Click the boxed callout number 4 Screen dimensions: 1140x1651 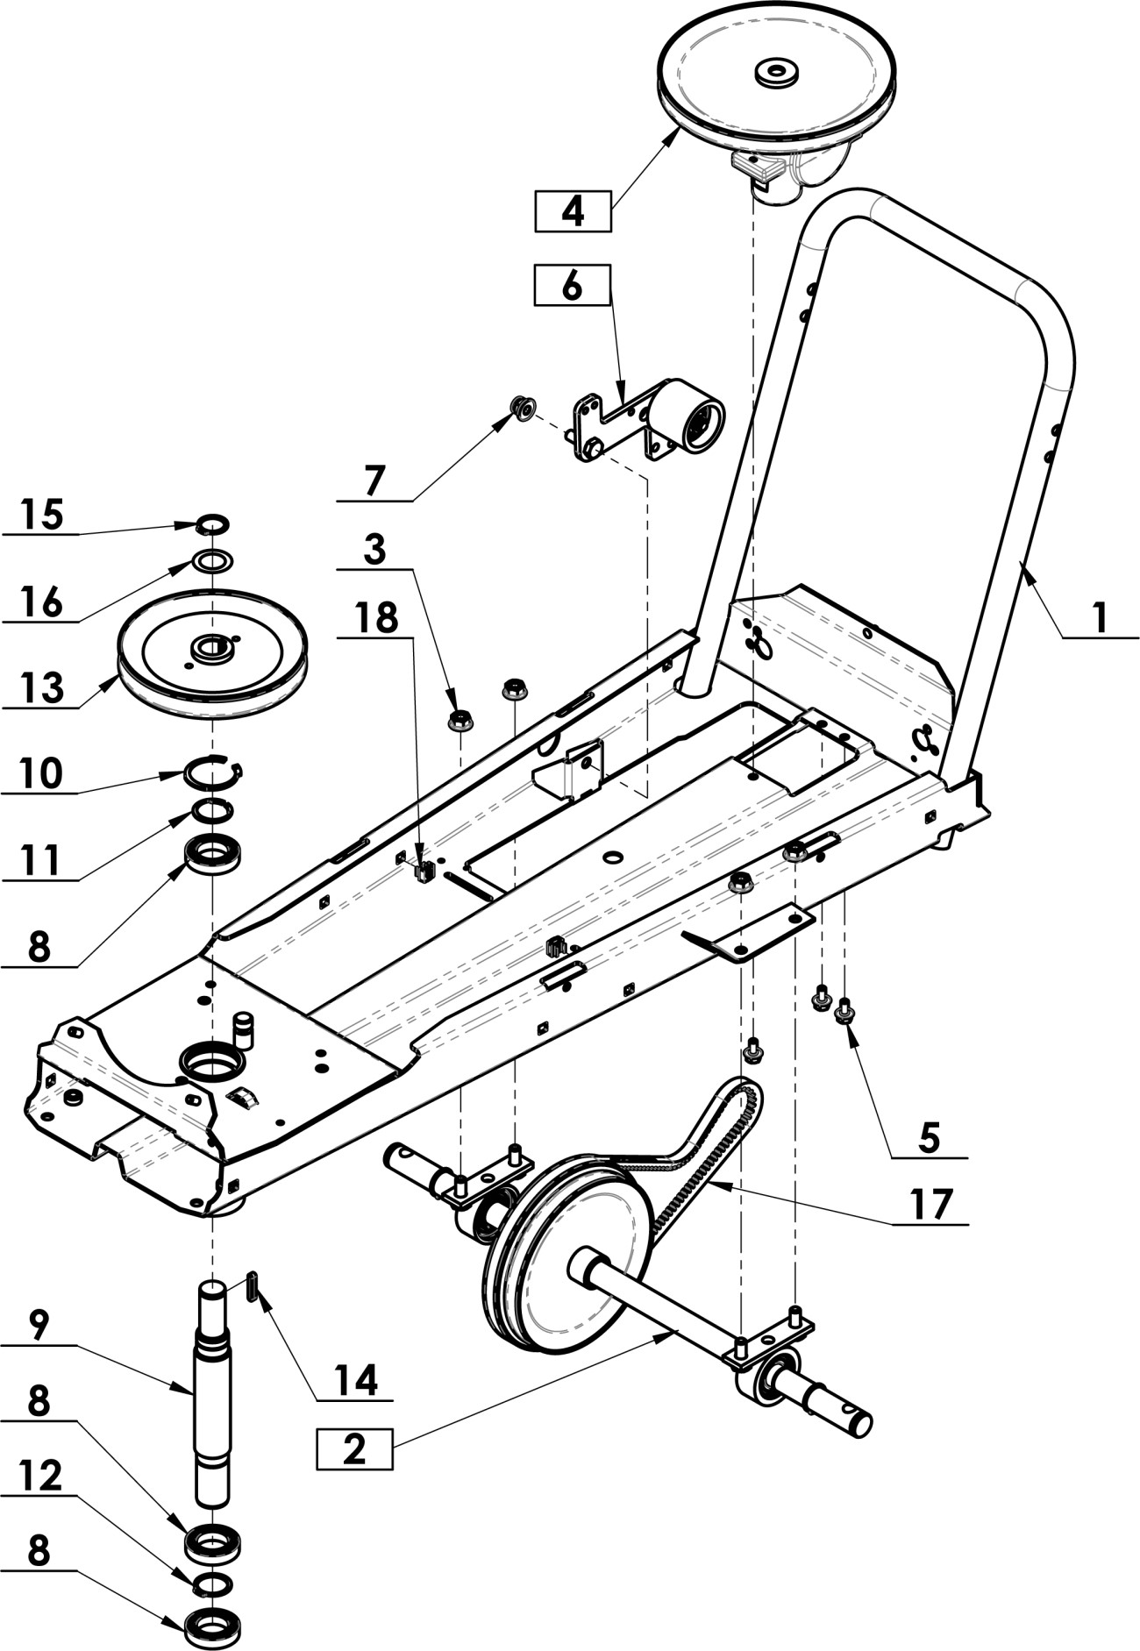[573, 211]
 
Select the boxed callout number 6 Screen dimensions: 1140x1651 [572, 285]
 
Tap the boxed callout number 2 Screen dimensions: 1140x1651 [354, 1448]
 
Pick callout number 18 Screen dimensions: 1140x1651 [376, 617]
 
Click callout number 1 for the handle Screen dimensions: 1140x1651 [1100, 618]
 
